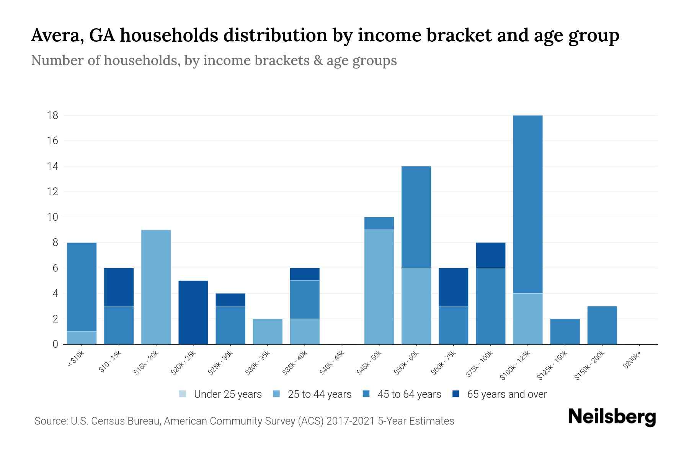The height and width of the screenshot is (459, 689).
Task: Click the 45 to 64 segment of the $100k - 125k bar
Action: tap(528, 204)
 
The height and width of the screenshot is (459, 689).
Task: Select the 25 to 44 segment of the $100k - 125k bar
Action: tap(528, 319)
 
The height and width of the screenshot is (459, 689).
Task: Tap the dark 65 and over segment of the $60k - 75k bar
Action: tap(453, 287)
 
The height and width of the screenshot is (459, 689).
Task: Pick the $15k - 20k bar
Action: tap(156, 287)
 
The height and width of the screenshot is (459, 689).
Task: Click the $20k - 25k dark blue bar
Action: tap(193, 312)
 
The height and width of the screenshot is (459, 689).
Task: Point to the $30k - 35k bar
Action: tap(268, 331)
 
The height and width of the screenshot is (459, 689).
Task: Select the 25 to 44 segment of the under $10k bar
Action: tap(82, 338)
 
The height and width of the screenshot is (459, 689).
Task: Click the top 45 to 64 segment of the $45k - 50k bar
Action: tap(379, 223)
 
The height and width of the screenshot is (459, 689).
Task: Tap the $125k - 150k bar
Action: tap(565, 331)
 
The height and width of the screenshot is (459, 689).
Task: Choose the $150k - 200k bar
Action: tap(602, 325)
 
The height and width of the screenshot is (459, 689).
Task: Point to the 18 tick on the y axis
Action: tap(53, 115)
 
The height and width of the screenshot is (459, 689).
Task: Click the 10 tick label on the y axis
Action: tap(53, 217)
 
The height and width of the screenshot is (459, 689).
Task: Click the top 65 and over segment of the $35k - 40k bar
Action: tap(305, 274)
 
